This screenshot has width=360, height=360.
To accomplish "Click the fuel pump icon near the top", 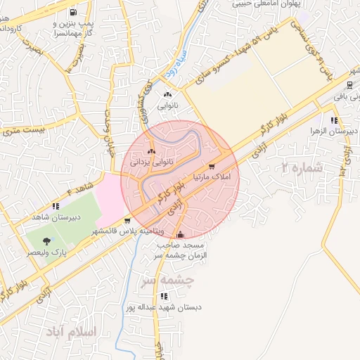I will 74,13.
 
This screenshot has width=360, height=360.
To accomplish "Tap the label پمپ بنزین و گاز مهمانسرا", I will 73,27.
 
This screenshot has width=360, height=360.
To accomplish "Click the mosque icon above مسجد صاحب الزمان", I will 181,235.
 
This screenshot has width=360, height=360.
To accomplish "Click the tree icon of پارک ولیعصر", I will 47,240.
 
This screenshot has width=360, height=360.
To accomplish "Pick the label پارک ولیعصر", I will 47,251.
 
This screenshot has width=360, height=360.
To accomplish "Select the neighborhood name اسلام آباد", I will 72,330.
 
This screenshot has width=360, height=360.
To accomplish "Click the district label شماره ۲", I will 301,169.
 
